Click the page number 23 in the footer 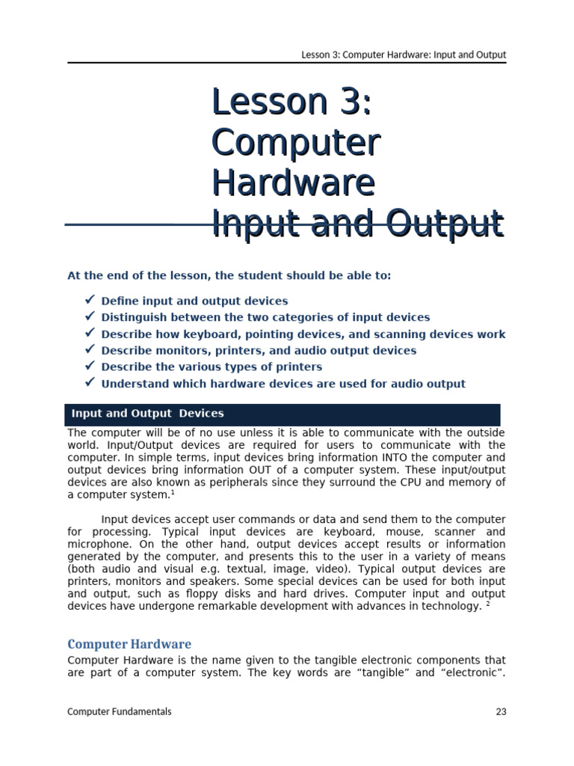[501, 712]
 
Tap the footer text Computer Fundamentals [119, 712]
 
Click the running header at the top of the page [404, 55]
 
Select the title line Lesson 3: [291, 102]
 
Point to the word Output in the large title [445, 224]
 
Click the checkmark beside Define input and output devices [90, 300]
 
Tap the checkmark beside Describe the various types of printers [90, 366]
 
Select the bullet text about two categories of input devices [265, 317]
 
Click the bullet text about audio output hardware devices [283, 384]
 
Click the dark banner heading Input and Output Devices [148, 414]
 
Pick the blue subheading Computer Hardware [129, 644]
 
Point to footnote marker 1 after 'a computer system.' [172, 492]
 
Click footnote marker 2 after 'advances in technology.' [488, 604]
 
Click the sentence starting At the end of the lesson [229, 275]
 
